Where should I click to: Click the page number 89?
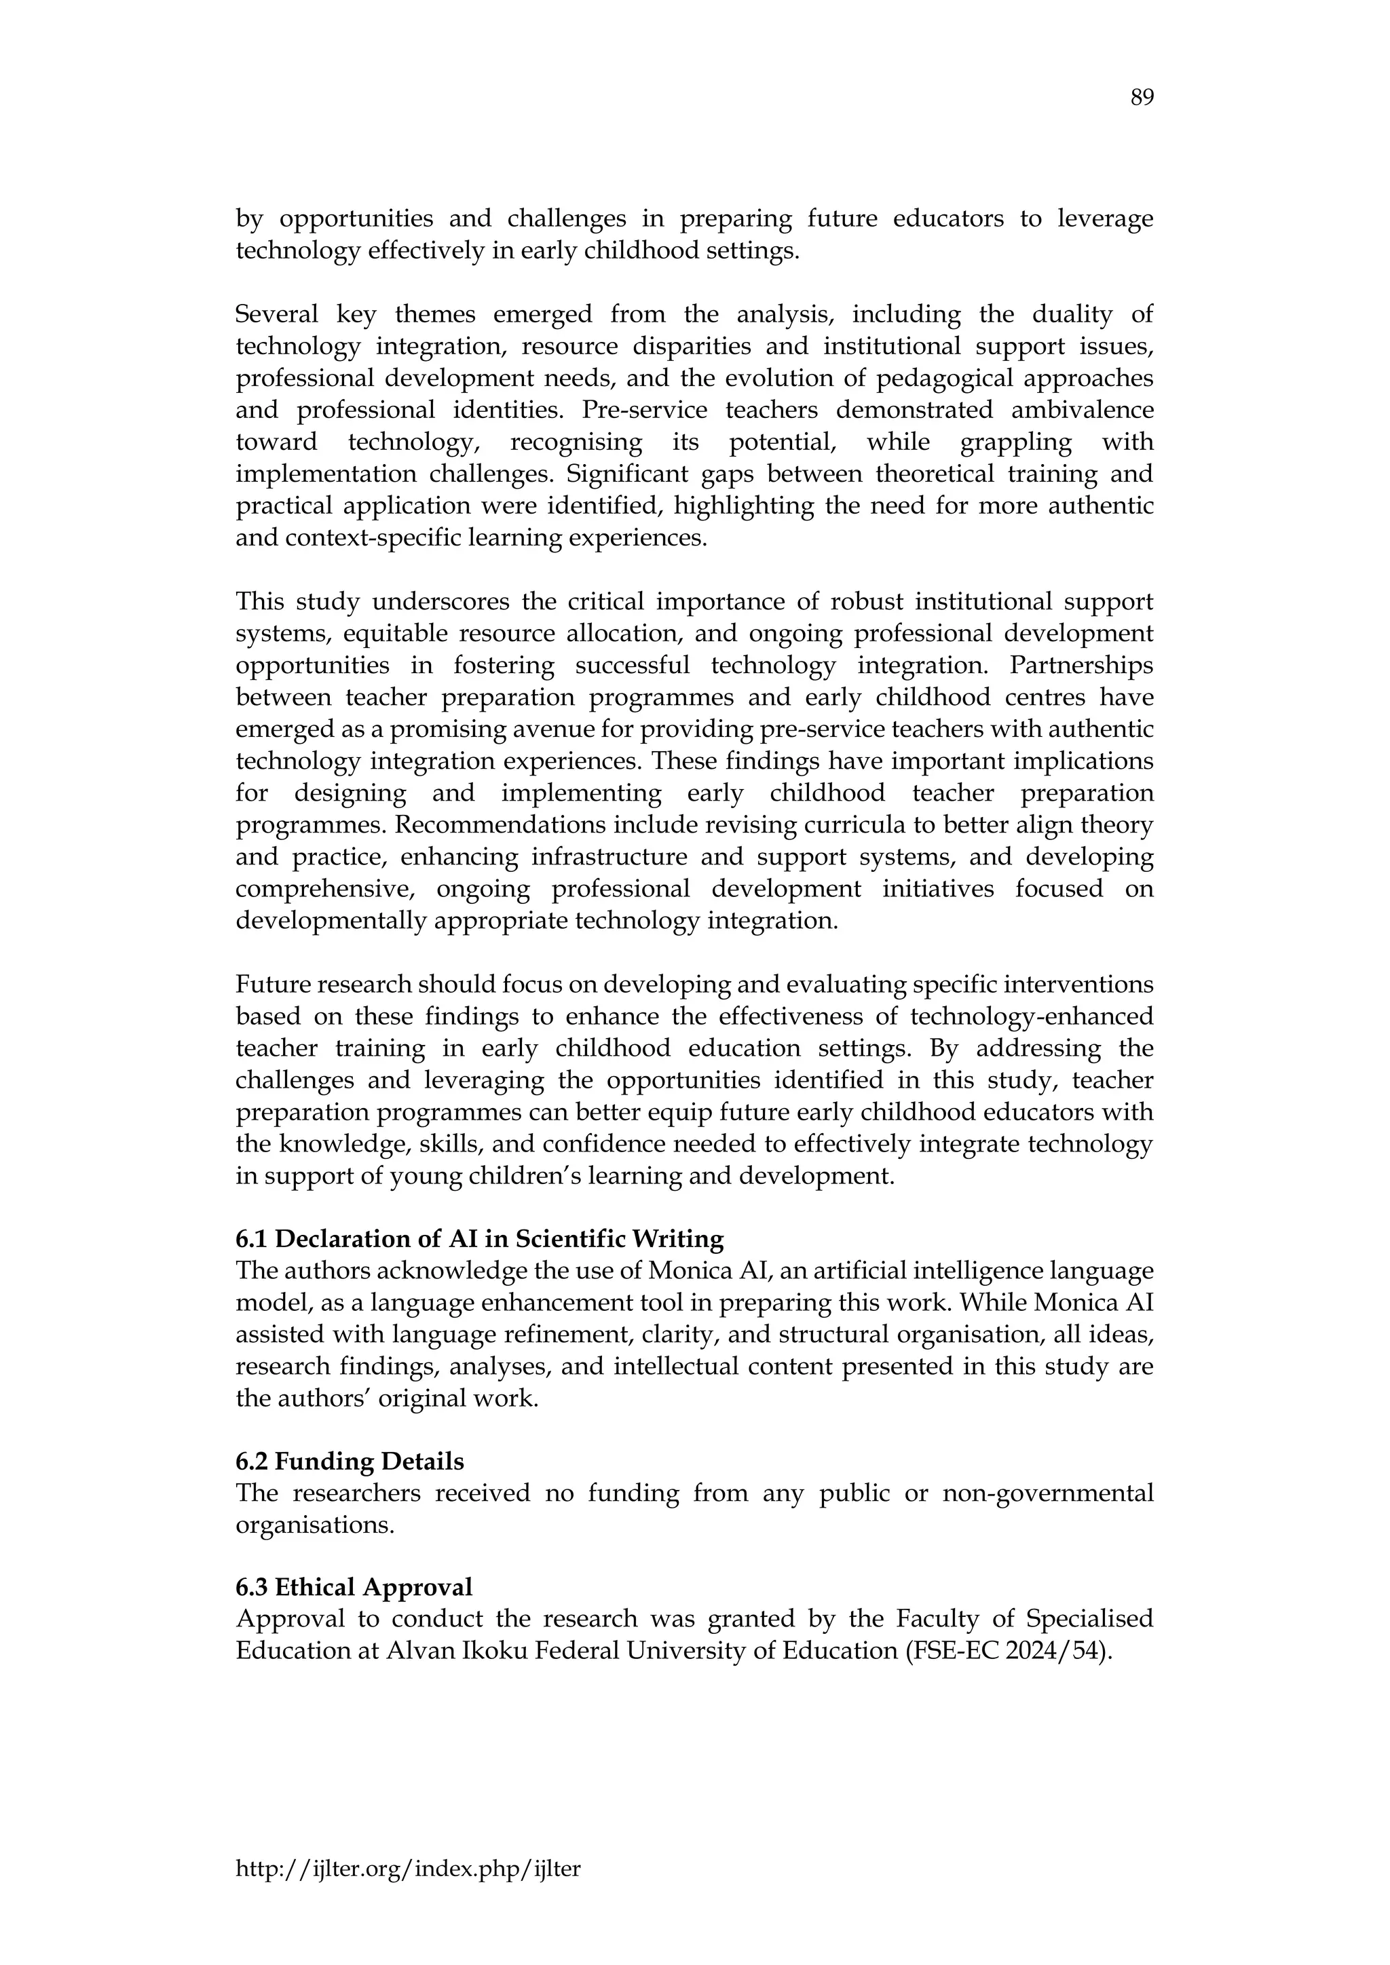pos(1142,98)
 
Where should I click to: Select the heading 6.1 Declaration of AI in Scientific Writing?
pos(479,1239)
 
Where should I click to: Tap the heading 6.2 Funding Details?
pos(350,1461)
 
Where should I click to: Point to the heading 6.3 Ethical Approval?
pos(354,1588)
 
